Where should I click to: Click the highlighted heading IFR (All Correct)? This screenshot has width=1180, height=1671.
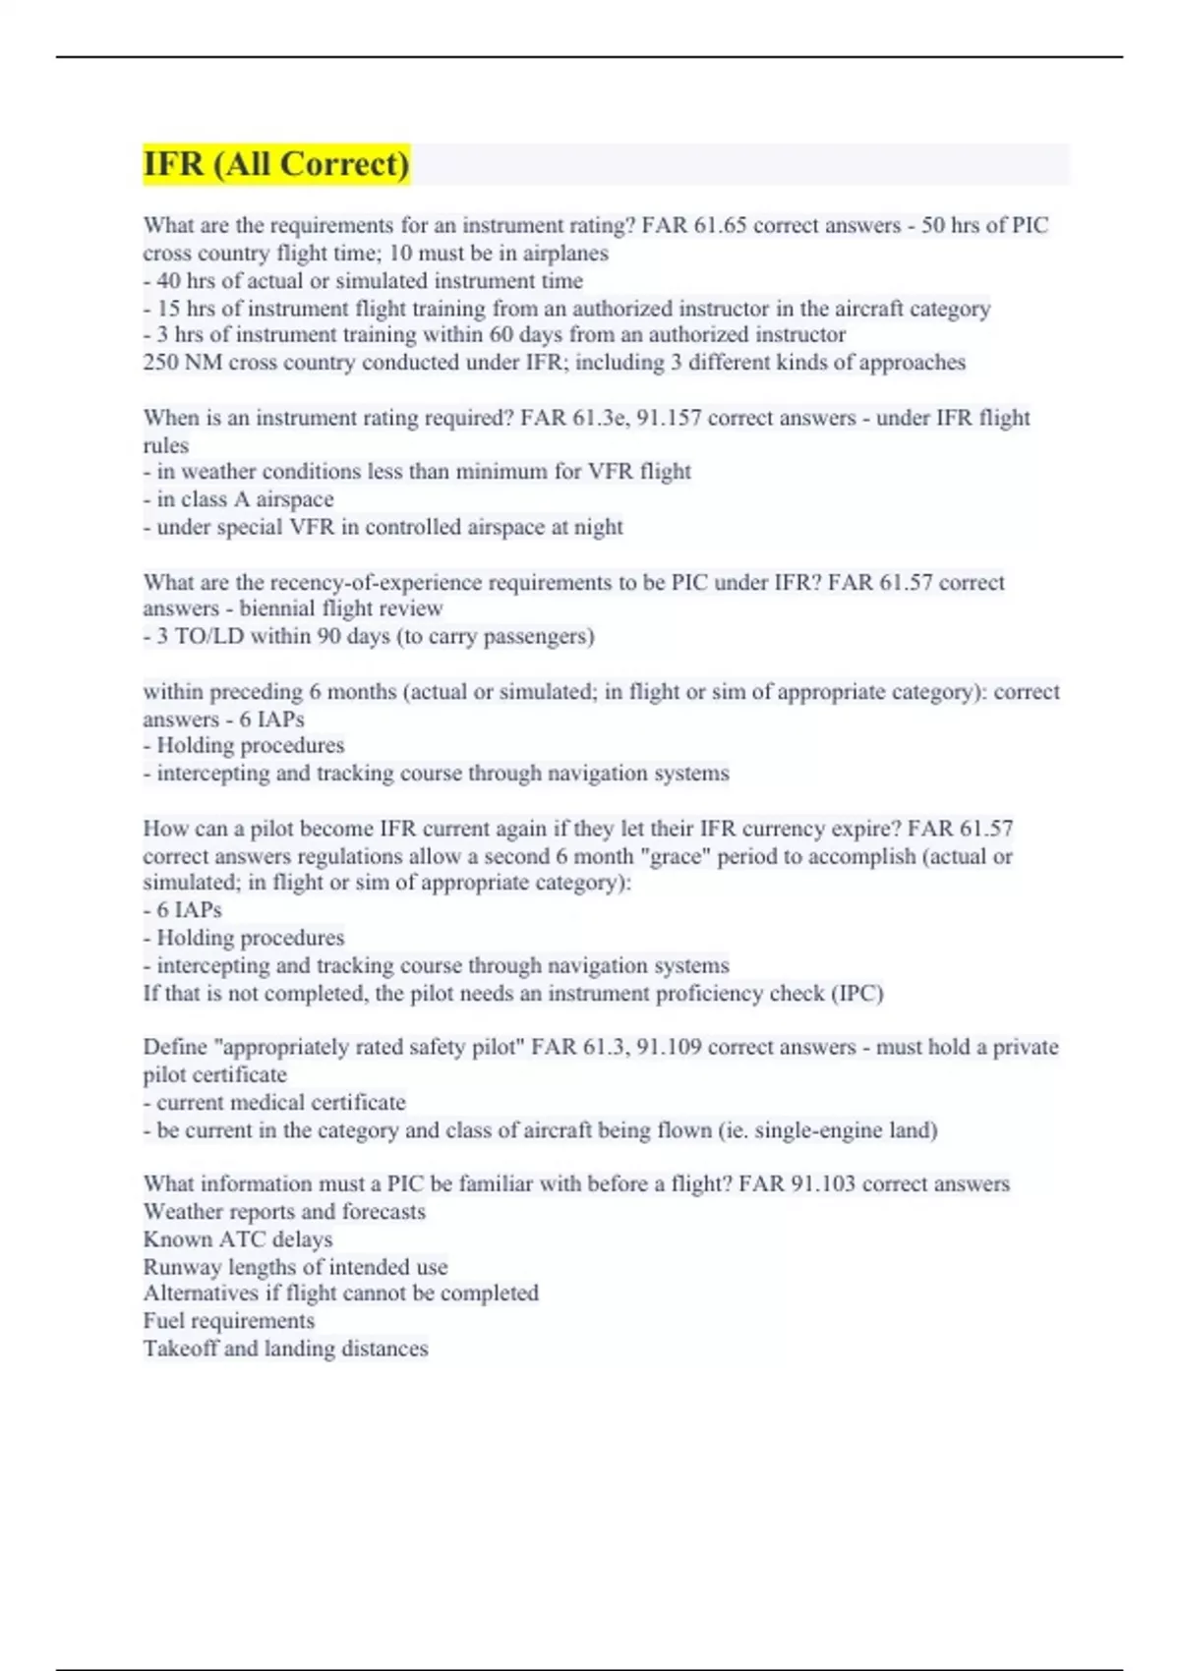[x=276, y=163]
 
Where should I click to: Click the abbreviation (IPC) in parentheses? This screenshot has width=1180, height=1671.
[x=857, y=993]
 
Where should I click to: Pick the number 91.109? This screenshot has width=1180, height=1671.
[x=669, y=1047]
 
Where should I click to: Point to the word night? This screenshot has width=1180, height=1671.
[x=598, y=527]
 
